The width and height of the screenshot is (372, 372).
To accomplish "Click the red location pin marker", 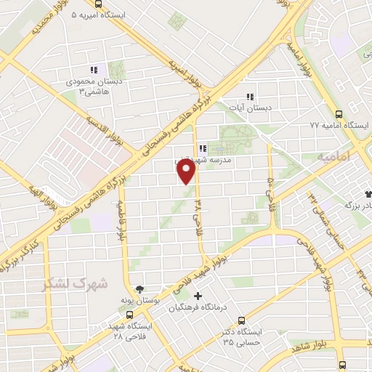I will point(186,171).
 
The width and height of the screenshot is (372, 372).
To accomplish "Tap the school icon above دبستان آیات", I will point(251,97).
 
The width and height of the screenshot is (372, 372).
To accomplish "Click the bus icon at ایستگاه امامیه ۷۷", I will point(339,114).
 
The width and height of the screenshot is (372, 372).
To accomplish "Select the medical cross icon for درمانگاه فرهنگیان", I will point(198,296).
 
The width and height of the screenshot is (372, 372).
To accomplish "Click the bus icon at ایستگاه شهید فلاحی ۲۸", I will point(129,315).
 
